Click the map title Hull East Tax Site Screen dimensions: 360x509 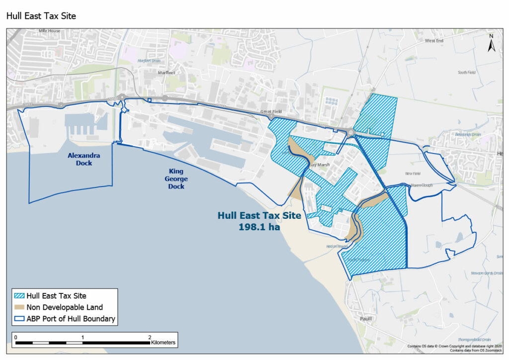point(41,16)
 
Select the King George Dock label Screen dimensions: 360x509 point(176,179)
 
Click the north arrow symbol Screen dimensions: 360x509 point(491,44)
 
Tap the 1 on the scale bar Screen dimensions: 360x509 point(83,338)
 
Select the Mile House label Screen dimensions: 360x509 point(49,31)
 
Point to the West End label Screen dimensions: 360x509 point(433,41)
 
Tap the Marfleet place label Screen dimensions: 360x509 point(167,73)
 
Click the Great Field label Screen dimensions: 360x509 point(271,112)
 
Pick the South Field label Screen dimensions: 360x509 point(467,73)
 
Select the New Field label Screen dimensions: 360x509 point(413,174)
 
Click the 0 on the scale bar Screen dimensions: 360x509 point(16,338)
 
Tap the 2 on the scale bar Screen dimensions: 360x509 point(150,338)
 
